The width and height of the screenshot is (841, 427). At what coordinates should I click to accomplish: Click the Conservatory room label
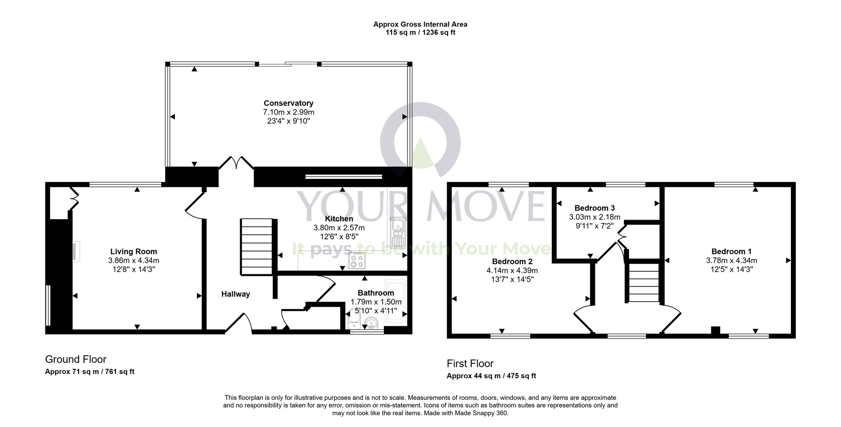pos(288,103)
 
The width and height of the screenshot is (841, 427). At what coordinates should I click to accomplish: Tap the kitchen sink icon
pos(397,233)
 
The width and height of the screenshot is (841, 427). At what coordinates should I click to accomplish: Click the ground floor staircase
pos(257,247)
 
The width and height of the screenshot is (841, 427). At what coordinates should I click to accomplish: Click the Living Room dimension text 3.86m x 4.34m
pos(133,260)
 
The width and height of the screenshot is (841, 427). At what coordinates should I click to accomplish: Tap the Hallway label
pos(235,294)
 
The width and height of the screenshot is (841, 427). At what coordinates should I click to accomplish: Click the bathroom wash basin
pos(372,324)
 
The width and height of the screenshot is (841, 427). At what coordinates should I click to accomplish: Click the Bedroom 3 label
pos(595,208)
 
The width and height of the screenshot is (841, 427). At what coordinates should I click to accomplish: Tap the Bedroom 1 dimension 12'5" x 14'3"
pos(731,269)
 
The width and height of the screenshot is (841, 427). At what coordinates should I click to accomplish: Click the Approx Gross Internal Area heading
pos(420,24)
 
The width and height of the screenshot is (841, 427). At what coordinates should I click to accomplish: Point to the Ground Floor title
pos(76,359)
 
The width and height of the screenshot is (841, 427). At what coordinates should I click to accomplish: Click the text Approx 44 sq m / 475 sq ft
pos(491,376)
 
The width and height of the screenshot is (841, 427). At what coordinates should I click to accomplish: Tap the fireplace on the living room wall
pos(74,251)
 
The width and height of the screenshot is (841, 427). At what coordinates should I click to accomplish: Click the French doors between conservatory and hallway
pos(236,163)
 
